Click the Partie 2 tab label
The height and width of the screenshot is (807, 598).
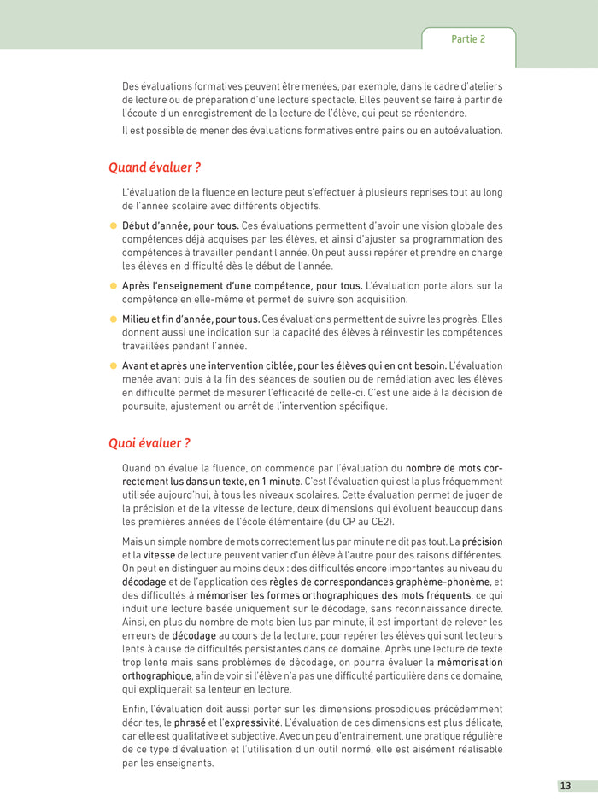click(468, 39)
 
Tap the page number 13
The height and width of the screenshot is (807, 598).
click(566, 786)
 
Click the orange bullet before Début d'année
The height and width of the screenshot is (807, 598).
click(113, 225)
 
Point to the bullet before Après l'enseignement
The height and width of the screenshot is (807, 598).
click(113, 285)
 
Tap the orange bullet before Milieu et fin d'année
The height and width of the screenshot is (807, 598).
click(113, 319)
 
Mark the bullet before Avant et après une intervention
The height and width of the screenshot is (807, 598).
click(113, 365)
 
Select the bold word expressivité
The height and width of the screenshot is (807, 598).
click(252, 722)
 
